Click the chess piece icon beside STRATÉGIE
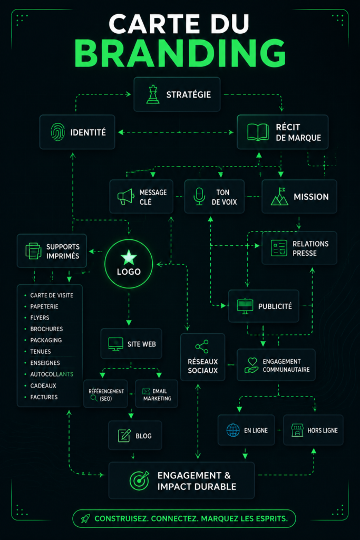click(153, 94)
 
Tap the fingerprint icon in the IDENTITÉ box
click(58, 132)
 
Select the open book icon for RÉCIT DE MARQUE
click(258, 132)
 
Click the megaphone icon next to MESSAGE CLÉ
click(125, 197)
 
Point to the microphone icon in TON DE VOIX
click(199, 197)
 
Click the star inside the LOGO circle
click(129, 257)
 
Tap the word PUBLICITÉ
click(275, 306)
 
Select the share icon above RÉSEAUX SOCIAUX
click(202, 347)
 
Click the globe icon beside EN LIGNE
click(233, 430)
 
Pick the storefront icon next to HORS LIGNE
click(297, 430)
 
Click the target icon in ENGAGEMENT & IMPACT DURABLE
click(139, 480)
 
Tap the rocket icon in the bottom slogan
click(85, 518)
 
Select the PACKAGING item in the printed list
click(46, 340)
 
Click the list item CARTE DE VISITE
click(52, 295)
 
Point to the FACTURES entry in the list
click(44, 397)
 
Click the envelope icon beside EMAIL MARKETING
click(146, 391)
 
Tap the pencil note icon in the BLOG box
click(124, 436)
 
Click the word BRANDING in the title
click(180, 53)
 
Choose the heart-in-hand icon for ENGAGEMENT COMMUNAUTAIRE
click(251, 365)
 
